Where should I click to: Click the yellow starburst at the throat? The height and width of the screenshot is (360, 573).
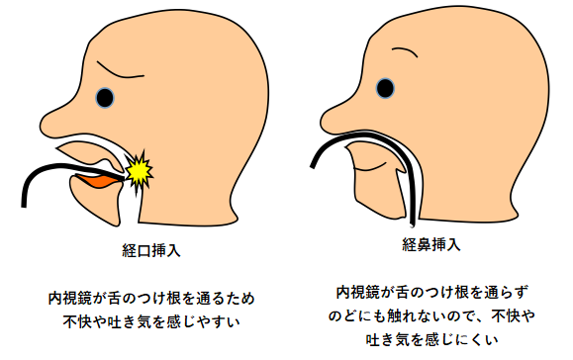coord(139,171)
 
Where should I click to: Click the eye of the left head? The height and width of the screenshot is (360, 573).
coord(105,98)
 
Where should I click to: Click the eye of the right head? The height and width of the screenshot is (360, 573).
coord(385,88)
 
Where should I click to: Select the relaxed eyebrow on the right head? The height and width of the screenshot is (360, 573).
coord(405,51)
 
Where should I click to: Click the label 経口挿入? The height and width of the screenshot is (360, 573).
coord(151,250)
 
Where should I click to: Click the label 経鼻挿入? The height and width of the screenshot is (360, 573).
coord(431,244)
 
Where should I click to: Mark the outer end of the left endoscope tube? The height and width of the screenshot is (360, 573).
coord(24,207)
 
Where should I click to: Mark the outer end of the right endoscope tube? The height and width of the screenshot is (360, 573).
coord(313,167)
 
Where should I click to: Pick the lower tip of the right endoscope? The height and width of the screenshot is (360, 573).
coord(413,225)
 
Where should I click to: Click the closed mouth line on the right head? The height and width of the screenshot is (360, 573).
coord(370,168)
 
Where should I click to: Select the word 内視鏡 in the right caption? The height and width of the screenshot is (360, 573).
coord(358,292)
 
